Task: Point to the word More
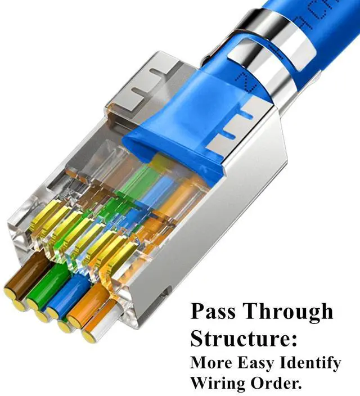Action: point(209,363)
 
